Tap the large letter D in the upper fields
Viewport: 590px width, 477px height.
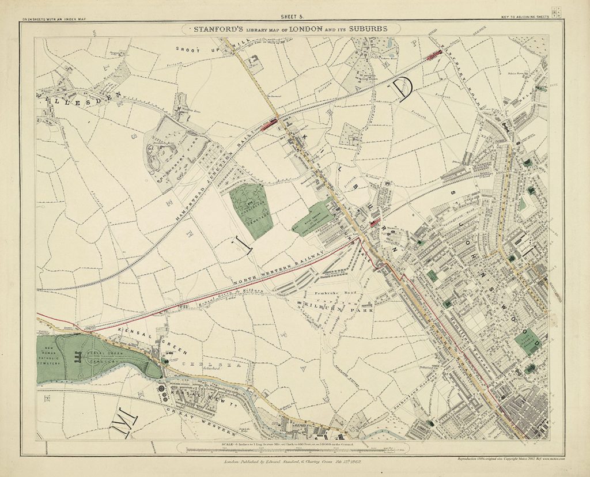(403, 89)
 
